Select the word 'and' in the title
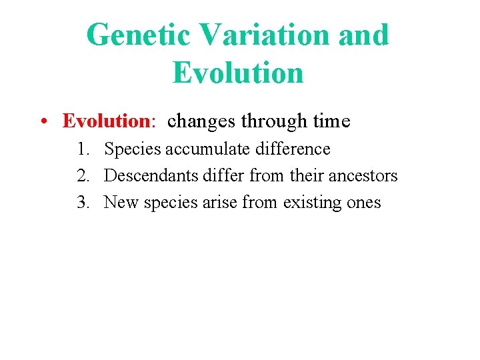click(x=363, y=35)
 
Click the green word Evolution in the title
click(x=238, y=72)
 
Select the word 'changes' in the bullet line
click(x=202, y=121)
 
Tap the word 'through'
click(x=273, y=121)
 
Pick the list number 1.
click(x=83, y=149)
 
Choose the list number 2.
click(x=83, y=176)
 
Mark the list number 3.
click(x=83, y=203)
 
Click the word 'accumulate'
click(x=207, y=149)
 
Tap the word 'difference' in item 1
click(x=292, y=149)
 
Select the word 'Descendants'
click(x=151, y=176)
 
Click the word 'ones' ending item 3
click(x=364, y=203)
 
